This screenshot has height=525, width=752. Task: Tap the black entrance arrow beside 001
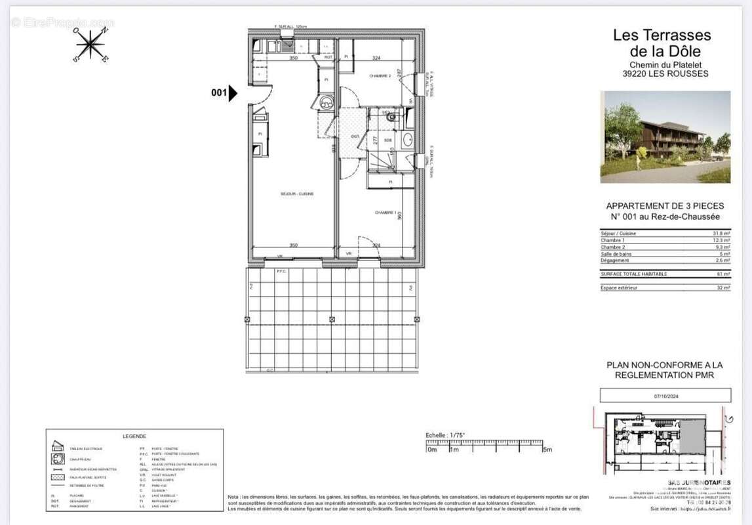coord(233,93)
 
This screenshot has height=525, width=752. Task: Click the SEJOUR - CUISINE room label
coord(296,194)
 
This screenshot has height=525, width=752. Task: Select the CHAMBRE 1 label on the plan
coord(386,213)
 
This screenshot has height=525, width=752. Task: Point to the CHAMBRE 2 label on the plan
coord(380,76)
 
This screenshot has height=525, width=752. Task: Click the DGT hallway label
coord(355,136)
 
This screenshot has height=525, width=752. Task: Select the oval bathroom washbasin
coord(406,140)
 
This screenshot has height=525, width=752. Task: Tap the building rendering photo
coord(665,136)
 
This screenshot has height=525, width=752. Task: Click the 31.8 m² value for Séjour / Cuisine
coord(721,234)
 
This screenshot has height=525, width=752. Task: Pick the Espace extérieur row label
coord(618,287)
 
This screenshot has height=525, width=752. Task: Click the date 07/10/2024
coord(665,396)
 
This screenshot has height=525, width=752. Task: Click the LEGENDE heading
coord(134,436)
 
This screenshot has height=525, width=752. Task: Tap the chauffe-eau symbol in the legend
coord(57,458)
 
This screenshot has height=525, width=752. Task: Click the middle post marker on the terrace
coord(332,320)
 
